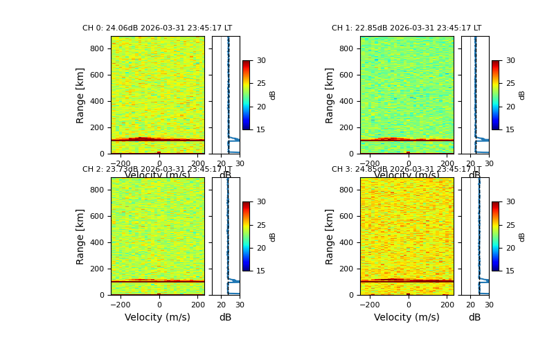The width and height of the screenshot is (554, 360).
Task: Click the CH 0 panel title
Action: click(x=157, y=28)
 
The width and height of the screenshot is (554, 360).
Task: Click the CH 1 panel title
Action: click(x=406, y=28)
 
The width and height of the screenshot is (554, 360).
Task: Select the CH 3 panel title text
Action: click(x=406, y=170)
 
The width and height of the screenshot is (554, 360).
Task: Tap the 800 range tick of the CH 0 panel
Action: click(x=96, y=49)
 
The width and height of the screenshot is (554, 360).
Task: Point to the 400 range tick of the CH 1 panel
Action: click(x=346, y=102)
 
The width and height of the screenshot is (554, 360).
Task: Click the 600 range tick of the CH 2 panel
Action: click(x=96, y=217)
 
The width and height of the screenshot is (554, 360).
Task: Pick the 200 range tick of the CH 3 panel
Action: click(x=346, y=269)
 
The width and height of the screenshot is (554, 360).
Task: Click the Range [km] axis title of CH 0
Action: click(x=80, y=95)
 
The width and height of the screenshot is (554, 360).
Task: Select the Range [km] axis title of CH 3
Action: click(x=330, y=236)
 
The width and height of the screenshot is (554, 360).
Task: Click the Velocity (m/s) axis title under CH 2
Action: click(x=157, y=318)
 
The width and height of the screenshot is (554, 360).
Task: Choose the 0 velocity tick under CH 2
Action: click(x=159, y=305)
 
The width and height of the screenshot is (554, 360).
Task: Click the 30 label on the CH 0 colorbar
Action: click(x=261, y=61)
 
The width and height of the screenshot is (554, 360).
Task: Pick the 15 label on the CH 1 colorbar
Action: click(x=510, y=129)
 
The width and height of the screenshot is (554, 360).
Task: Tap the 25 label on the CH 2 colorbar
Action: click(x=261, y=225)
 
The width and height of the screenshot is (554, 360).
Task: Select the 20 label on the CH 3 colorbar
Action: click(x=510, y=248)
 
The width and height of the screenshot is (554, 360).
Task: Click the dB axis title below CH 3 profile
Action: click(x=474, y=318)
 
